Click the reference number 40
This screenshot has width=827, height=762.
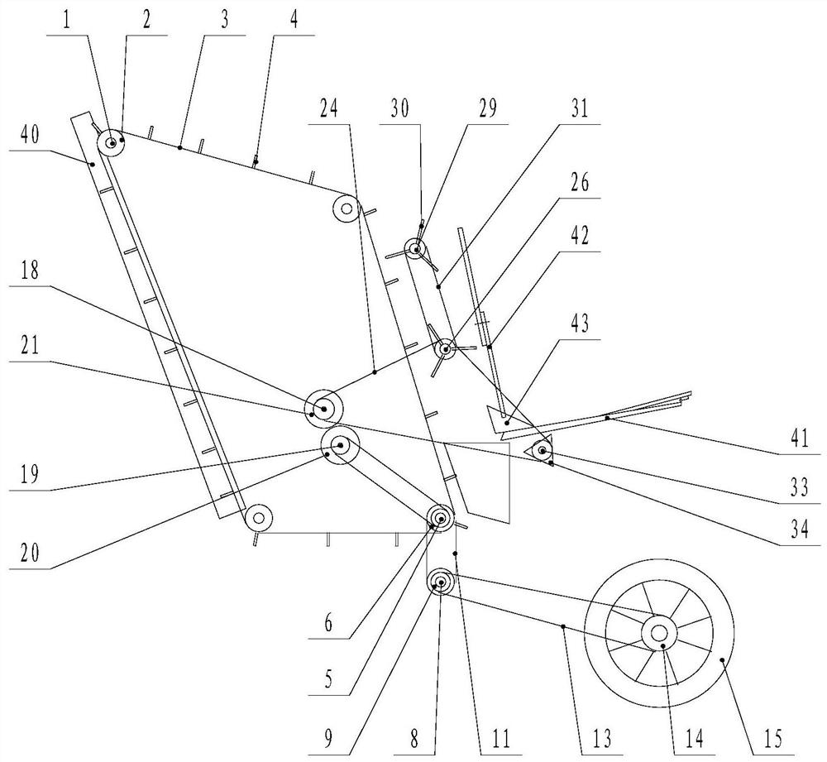coord(30,135)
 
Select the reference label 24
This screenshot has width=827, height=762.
coord(328,108)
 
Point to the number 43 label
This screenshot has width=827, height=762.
coord(579,323)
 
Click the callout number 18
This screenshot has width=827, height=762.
coord(30,271)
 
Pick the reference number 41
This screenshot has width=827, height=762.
coord(800,439)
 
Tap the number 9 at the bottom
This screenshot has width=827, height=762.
coord(328,739)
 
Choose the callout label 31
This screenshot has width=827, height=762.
coord(579,108)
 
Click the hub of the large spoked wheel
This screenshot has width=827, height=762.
coord(659,632)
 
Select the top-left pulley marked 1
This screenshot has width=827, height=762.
coord(112,142)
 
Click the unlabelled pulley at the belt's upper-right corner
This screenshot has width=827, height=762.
coord(347,209)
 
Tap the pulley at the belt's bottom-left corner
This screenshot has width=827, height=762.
coord(258,518)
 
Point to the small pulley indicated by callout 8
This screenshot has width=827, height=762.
coord(441,583)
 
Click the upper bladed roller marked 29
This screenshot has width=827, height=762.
coord(417,248)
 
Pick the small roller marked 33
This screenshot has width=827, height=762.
coord(542,451)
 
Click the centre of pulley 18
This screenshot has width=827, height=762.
coord(323,409)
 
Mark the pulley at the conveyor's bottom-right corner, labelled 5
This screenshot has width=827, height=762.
coord(441,518)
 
